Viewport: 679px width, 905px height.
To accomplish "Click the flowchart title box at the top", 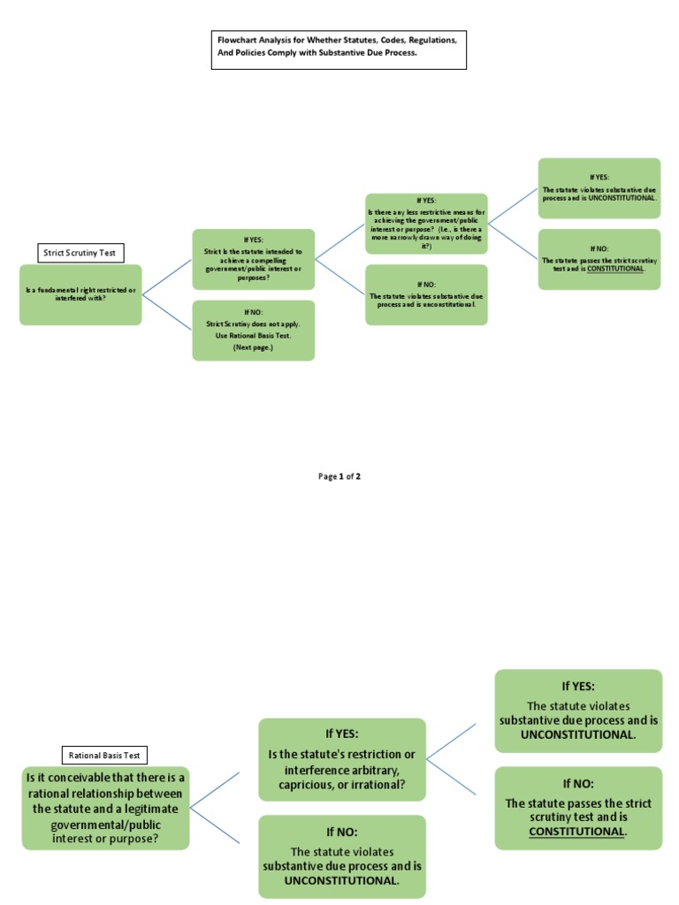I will pos(338,49).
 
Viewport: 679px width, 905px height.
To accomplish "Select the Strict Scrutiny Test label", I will pos(80,253).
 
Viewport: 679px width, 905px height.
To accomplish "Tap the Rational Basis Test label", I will pos(105,755).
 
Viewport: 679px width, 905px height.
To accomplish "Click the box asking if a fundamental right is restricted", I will pos(80,294).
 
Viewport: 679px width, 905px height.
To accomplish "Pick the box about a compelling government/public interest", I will pos(253,259).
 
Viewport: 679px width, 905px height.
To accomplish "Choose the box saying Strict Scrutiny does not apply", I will pos(253,330).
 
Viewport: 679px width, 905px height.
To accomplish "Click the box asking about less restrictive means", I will pos(426,224).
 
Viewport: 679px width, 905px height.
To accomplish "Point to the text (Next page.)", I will pos(253,348).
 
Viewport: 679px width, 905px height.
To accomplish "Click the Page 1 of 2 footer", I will pos(339,476).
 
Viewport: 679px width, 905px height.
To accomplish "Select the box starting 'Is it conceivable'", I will pos(105,808).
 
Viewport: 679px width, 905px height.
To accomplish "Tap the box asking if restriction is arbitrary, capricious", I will pos(341,759).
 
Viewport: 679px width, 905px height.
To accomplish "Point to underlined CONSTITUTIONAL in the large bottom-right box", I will pos(576,831).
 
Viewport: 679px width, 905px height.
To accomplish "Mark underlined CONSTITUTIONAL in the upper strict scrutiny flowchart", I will pos(615,268).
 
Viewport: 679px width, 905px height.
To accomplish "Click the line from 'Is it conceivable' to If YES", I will pos(215,790).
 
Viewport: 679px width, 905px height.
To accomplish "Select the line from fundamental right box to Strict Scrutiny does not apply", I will pos(167,312).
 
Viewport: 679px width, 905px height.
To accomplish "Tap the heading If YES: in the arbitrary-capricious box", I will pos(341,734).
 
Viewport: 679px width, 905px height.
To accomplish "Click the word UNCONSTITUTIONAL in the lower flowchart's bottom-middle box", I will pos(341,880).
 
